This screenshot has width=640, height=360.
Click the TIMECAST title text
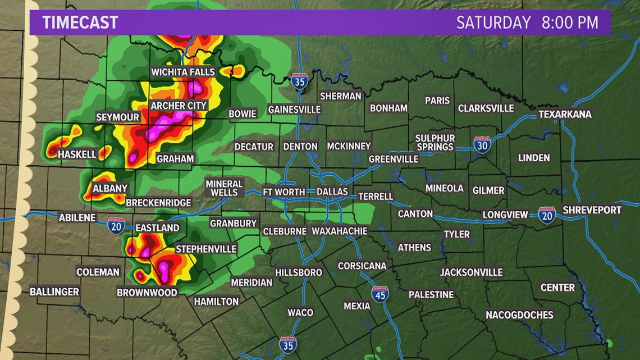80,22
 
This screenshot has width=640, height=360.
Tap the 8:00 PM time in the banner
569,22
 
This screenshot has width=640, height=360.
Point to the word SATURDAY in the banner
493,22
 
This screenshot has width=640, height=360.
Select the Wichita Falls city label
183,72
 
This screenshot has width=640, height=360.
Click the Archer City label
179,105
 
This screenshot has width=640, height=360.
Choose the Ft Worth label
284,192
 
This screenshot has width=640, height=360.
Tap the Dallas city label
332,192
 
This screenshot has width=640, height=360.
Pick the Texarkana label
565,114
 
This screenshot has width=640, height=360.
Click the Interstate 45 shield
380,294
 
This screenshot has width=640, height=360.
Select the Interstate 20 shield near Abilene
117,225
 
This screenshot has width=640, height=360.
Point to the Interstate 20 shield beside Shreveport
547,215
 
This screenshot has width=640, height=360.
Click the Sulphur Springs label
435,143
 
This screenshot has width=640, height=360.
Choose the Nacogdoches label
519,315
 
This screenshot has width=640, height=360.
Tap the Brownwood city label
147,292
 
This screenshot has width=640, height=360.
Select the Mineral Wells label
224,188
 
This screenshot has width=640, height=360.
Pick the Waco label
300,312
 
